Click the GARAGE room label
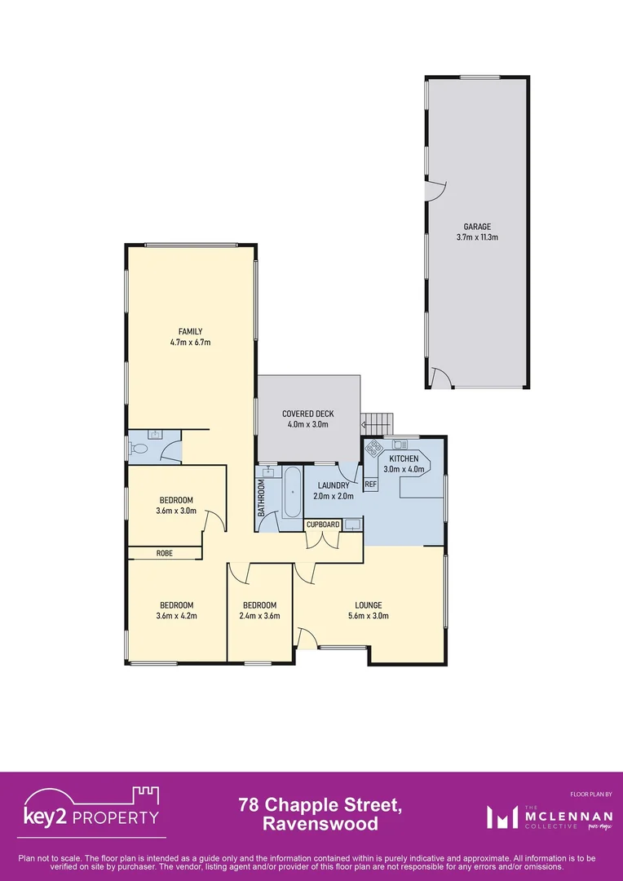tap(477, 227)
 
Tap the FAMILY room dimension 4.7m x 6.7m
tap(190, 343)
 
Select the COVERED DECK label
tap(308, 414)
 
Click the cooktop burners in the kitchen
tap(375, 448)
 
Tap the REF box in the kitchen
tap(370, 485)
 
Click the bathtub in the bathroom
tap(292, 493)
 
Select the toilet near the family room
tap(138, 448)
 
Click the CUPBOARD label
tap(323, 525)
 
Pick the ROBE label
tap(164, 553)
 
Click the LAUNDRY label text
tap(333, 485)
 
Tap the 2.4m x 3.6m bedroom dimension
tap(260, 616)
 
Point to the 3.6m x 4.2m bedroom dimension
tap(176, 616)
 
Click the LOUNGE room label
tap(368, 605)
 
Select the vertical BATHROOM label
tap(263, 498)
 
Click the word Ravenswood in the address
tap(320, 824)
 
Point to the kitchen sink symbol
tap(400, 445)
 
